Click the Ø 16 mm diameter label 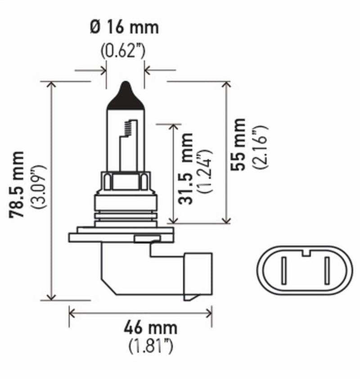click(125, 27)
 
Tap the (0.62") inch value click(122, 51)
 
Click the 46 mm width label click(150, 327)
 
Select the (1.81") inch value click(150, 347)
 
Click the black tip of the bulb click(125, 95)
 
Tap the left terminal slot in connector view click(284, 269)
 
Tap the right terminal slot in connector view click(326, 269)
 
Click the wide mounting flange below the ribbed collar click(121, 236)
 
